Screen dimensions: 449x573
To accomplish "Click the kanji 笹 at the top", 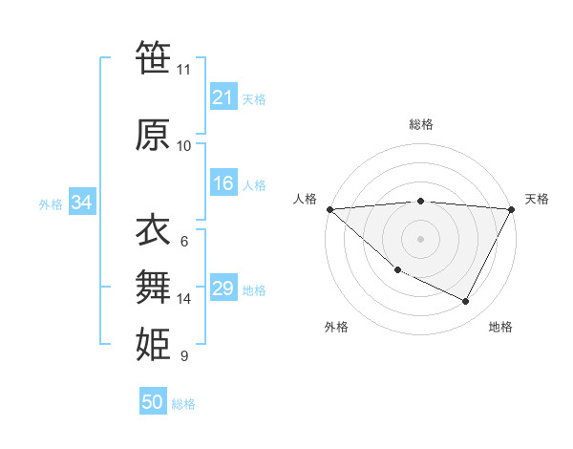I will (153, 58).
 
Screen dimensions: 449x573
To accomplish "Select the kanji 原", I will (153, 135).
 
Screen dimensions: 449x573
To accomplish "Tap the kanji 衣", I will (153, 230).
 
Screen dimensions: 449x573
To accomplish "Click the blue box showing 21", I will (223, 97).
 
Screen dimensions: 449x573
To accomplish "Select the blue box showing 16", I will (223, 184).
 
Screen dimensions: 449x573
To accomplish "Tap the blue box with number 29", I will (223, 289).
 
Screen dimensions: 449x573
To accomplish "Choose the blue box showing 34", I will (81, 203).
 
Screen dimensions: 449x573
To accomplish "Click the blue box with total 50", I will (153, 402).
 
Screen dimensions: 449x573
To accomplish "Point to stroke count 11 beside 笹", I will (183, 70).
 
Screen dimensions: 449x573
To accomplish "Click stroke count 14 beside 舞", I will (184, 299).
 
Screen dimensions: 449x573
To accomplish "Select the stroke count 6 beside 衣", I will (184, 242).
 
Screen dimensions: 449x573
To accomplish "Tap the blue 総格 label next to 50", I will (183, 404).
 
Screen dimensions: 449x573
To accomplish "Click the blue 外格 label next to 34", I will (51, 203).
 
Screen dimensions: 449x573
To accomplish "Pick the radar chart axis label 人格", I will (305, 199).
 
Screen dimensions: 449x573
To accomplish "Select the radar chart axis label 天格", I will (537, 199).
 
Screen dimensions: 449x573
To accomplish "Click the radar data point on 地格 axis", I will (466, 302).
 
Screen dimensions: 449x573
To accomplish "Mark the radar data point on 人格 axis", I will (329, 209).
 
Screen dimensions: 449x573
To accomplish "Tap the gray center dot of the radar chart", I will (420, 238).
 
